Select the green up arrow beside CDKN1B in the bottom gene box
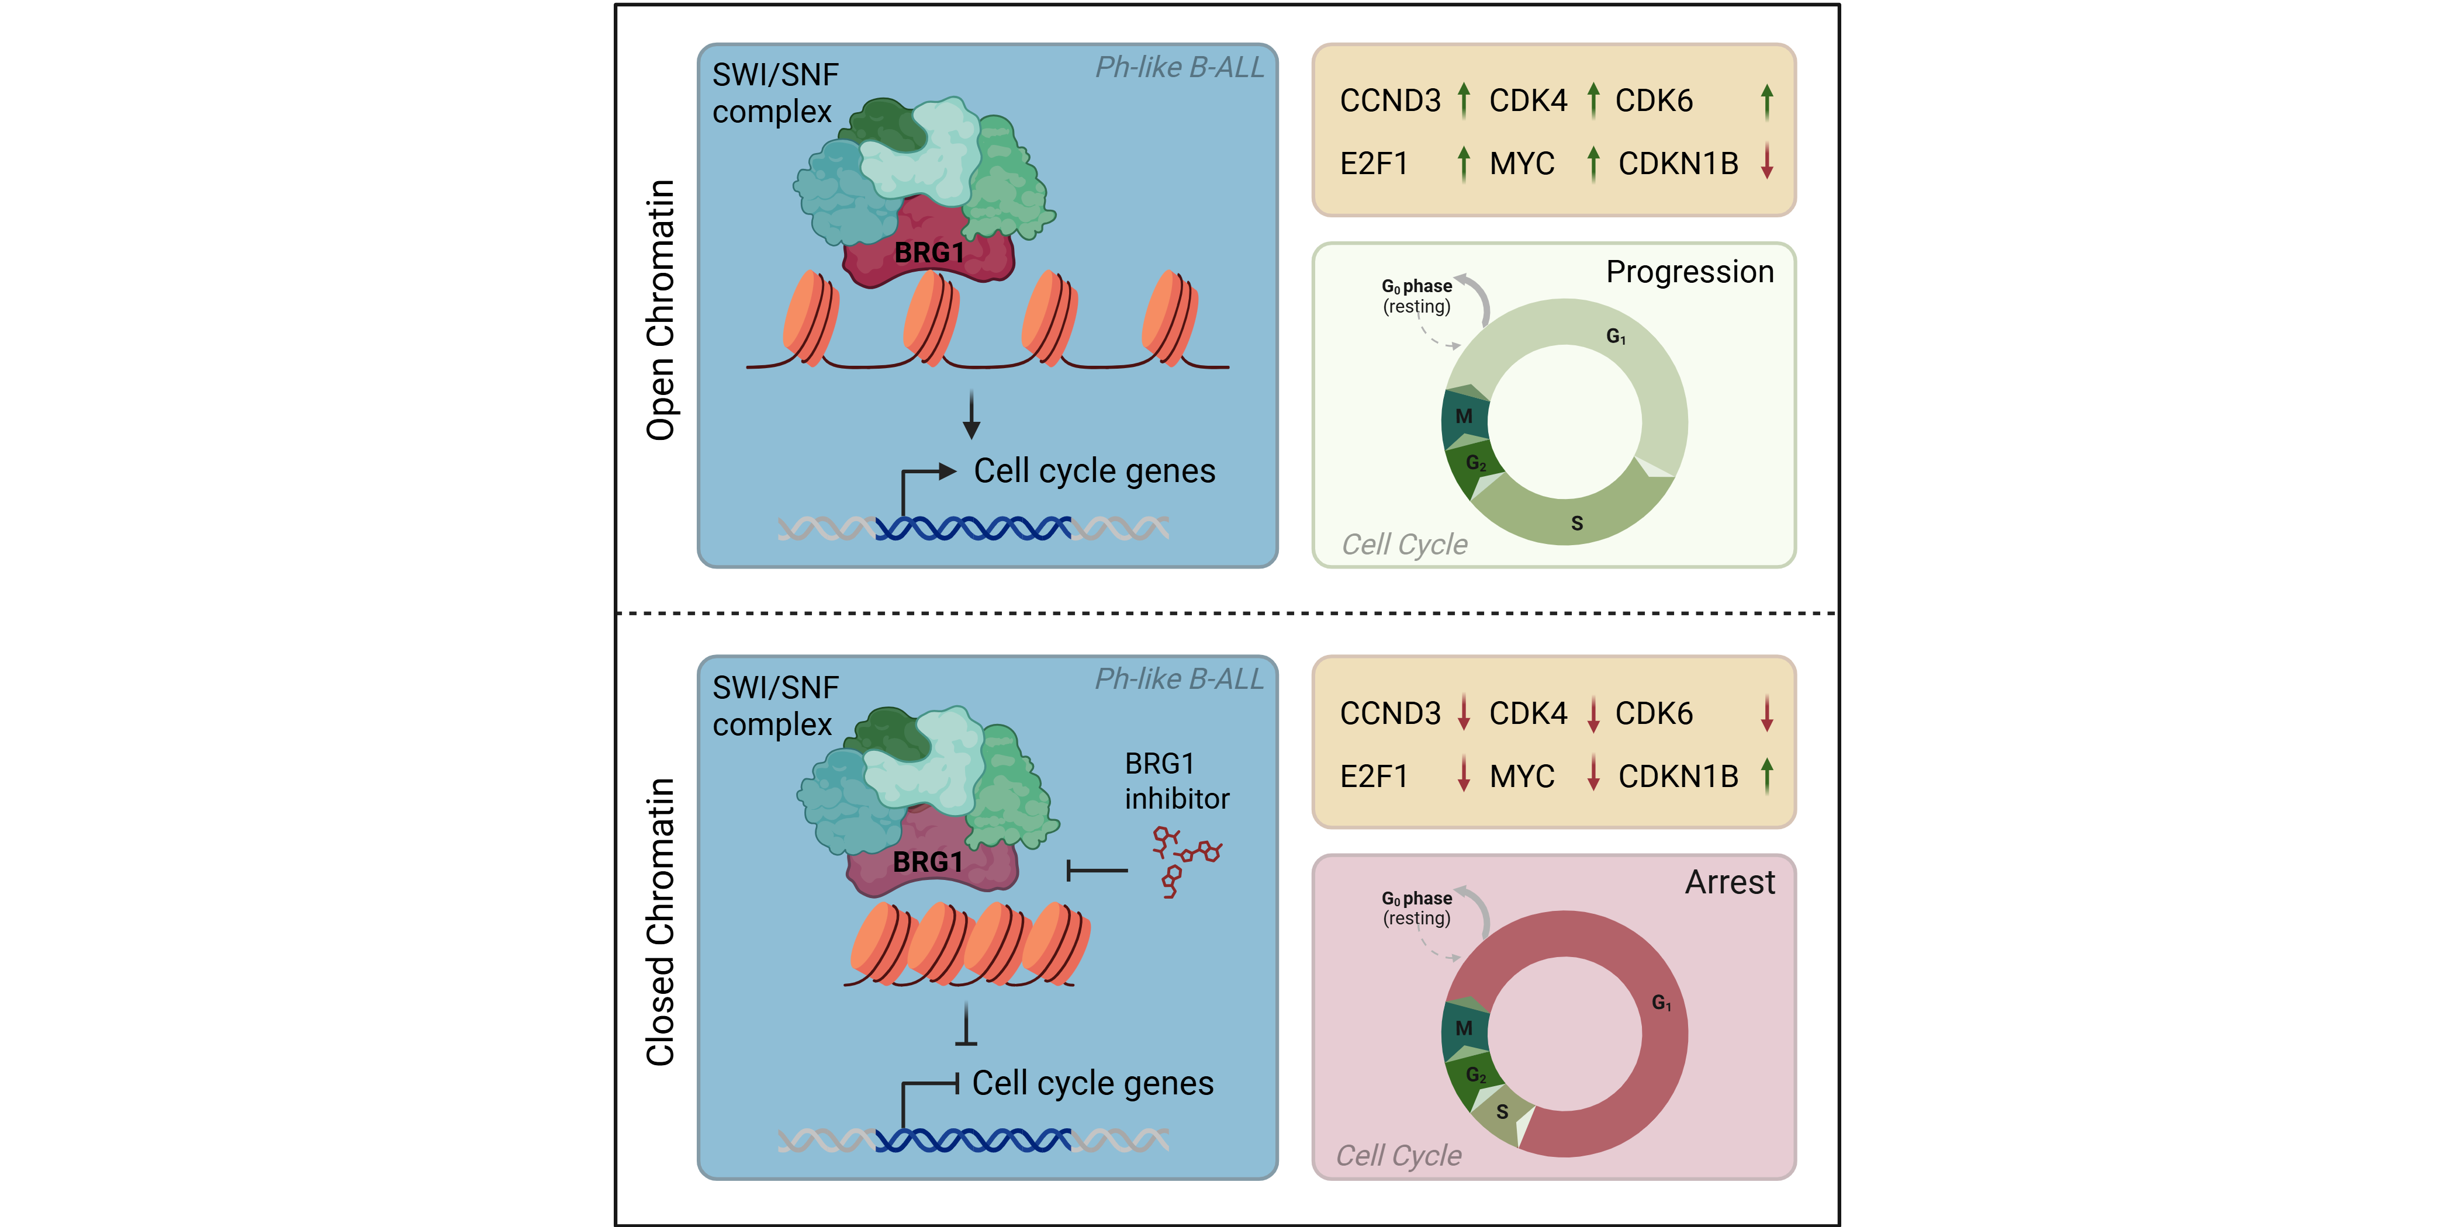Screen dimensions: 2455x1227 (1767, 775)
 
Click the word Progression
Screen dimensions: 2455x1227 (1690, 272)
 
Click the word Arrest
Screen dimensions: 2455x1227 (1730, 882)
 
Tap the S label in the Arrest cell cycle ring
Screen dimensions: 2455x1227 (1502, 1112)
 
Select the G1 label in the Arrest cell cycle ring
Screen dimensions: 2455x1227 (1661, 1002)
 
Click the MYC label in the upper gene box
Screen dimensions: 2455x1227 (1522, 164)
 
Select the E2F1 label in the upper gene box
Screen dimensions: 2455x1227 (1373, 164)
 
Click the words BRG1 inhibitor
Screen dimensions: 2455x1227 (1177, 781)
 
